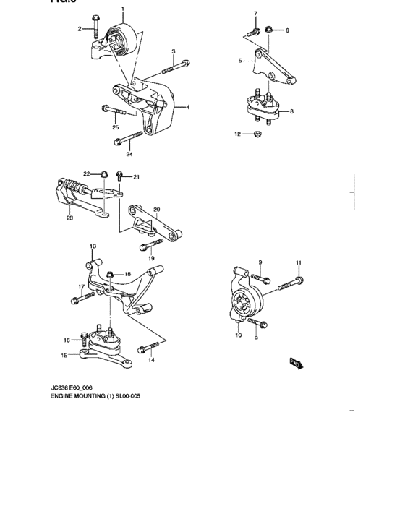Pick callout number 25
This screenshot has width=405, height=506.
pyautogui.click(x=115, y=127)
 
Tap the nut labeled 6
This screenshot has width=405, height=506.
pyautogui.click(x=269, y=30)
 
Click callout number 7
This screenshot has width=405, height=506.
pyautogui.click(x=255, y=14)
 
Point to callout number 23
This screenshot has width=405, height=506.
pyautogui.click(x=69, y=217)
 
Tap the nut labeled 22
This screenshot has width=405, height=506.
pyautogui.click(x=104, y=173)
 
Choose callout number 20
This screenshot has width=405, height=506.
pyautogui.click(x=156, y=210)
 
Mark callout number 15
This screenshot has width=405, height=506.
pyautogui.click(x=64, y=355)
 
